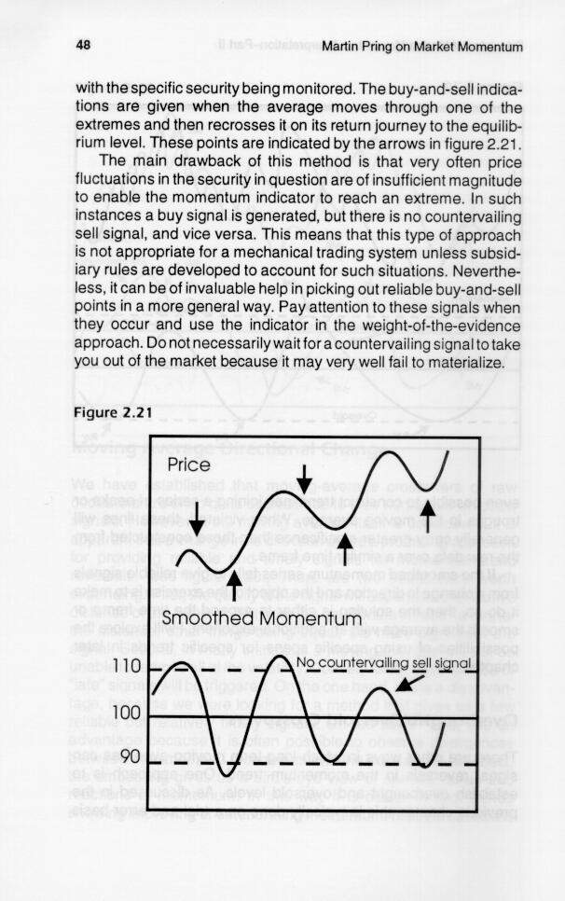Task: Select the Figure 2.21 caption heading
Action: [110, 414]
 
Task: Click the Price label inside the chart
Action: [189, 465]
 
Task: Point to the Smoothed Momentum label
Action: [261, 619]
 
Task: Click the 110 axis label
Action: [126, 667]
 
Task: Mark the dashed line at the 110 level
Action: [373, 671]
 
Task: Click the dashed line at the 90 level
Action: [373, 766]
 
